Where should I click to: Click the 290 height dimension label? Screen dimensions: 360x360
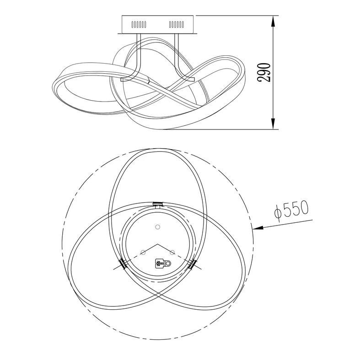point(264,72)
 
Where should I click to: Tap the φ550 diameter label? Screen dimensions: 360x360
point(291,210)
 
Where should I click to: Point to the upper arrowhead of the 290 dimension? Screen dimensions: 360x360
point(273,21)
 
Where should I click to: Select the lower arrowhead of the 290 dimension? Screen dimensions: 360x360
point(273,124)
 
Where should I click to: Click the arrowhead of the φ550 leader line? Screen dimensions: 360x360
point(258,228)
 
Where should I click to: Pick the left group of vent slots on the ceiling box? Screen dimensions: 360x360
point(139,24)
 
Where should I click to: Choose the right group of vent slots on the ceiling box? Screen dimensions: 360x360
point(176,24)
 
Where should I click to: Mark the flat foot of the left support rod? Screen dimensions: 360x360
point(126,79)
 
